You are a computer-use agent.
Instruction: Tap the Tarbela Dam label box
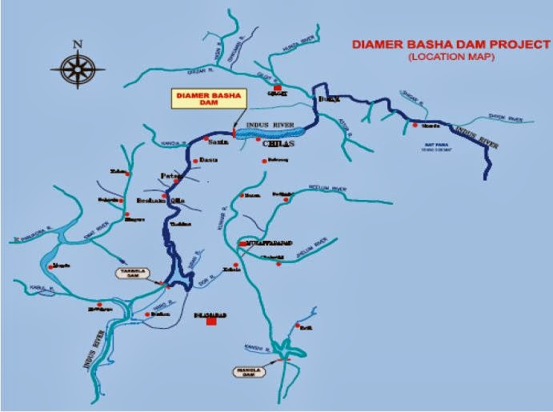point(130,272)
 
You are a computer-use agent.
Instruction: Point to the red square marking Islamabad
point(210,322)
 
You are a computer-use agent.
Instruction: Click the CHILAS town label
point(274,145)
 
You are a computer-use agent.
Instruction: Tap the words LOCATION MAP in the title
point(451,58)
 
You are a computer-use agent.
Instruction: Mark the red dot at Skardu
point(416,124)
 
